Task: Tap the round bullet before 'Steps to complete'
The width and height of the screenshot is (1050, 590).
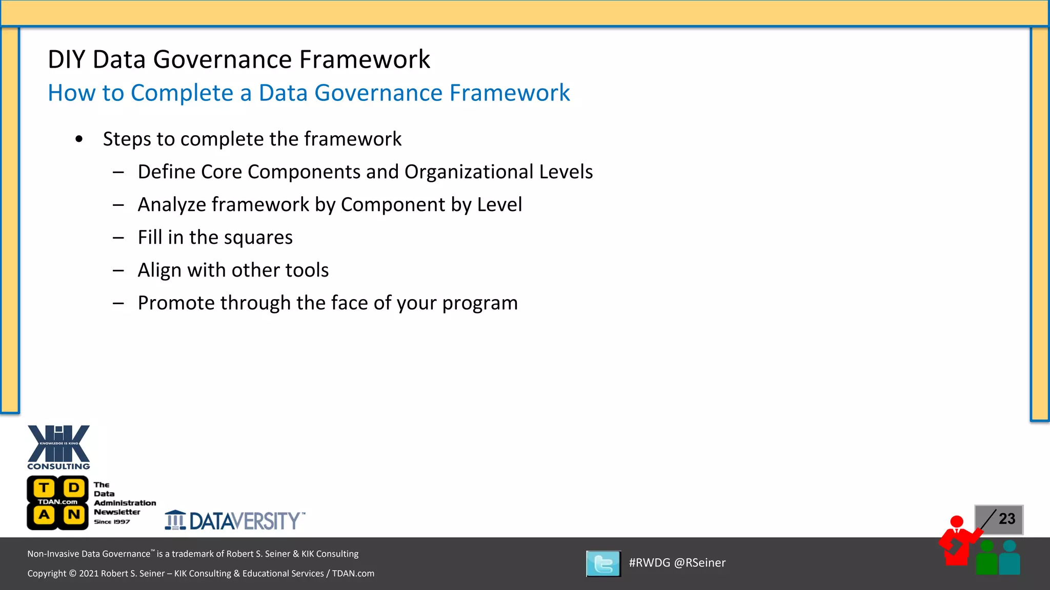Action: tap(79, 139)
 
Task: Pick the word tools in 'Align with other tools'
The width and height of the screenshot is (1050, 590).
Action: tap(307, 270)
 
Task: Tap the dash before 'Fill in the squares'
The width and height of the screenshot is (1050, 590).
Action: tap(118, 238)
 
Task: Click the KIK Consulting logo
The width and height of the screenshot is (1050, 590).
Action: tap(58, 447)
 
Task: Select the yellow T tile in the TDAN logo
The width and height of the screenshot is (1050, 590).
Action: tap(45, 488)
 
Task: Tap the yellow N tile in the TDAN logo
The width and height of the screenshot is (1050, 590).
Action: tap(74, 514)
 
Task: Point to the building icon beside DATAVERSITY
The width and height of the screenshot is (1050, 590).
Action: tap(175, 520)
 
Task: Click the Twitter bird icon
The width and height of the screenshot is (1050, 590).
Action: tap(603, 564)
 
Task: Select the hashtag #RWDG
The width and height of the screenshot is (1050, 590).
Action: tap(649, 563)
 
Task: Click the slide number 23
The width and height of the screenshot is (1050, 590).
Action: tap(1006, 519)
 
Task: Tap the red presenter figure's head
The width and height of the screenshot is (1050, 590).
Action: tap(957, 522)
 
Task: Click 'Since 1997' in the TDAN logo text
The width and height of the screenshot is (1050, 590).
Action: tap(112, 522)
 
